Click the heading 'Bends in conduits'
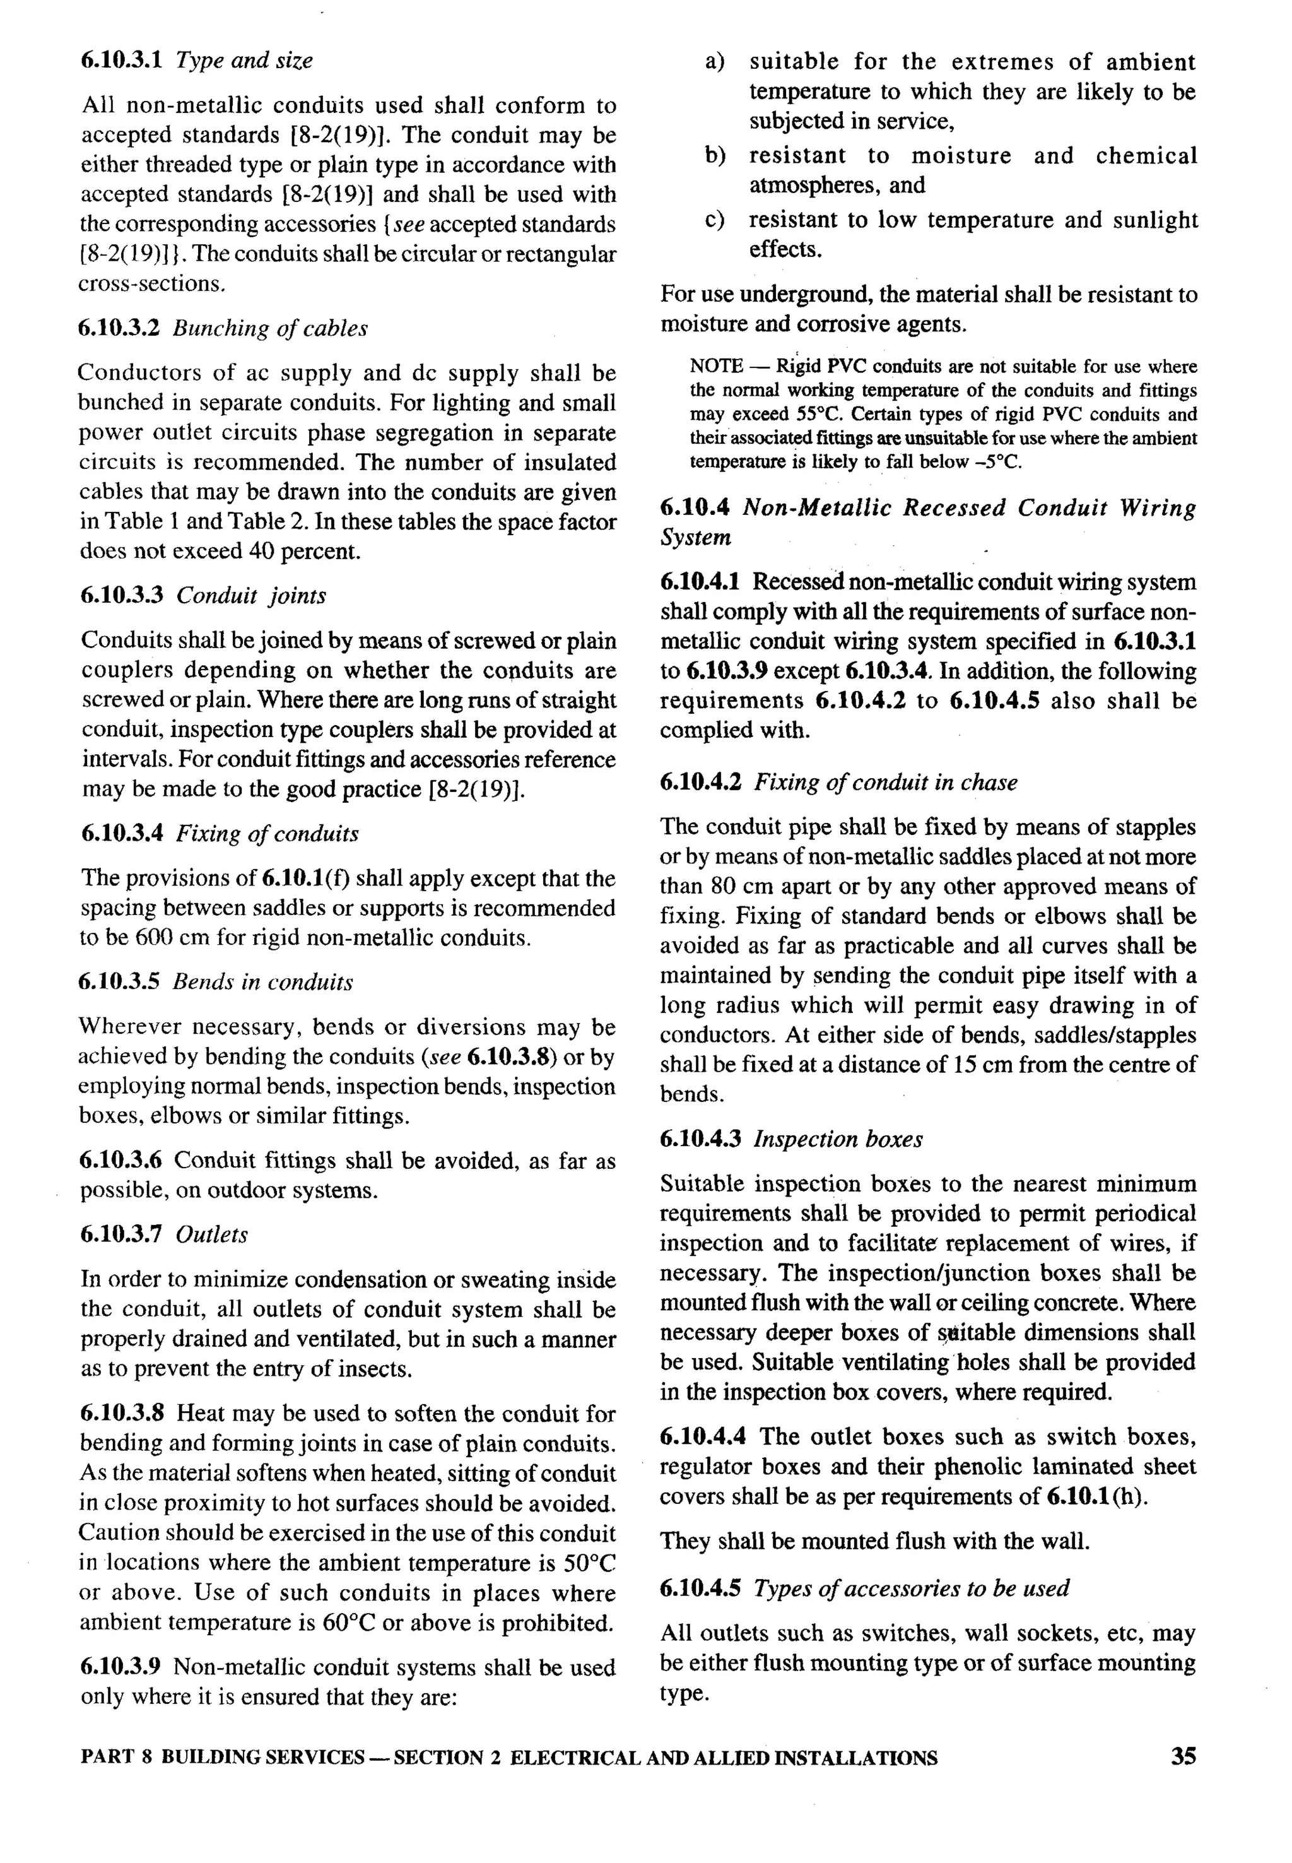263,982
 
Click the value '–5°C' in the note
1001,463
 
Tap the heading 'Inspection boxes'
838,1139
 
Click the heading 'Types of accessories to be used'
911,1588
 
